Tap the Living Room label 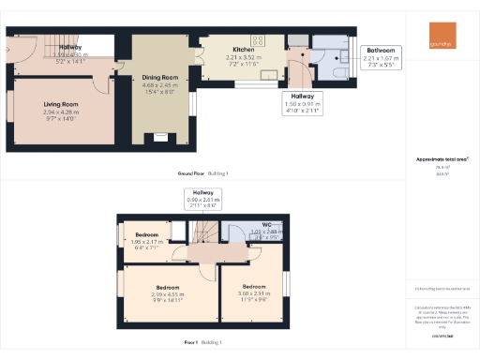[x=61, y=105]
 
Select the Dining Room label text [x=158, y=77]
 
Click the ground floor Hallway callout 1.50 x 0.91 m [x=303, y=100]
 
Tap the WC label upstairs [x=267, y=225]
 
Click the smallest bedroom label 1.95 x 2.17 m [x=145, y=234]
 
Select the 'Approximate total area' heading [x=442, y=159]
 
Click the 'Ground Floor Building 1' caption [x=202, y=173]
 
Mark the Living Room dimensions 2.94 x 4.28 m [x=61, y=112]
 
